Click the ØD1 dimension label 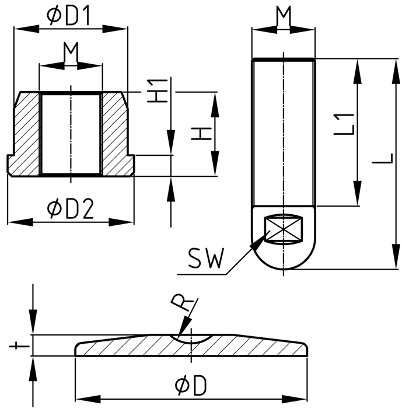click(x=69, y=16)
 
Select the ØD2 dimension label click(x=71, y=208)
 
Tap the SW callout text click(x=206, y=258)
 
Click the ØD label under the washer click(x=191, y=386)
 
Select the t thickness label click(x=19, y=345)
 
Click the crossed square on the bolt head click(x=284, y=228)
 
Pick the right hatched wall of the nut click(x=115, y=134)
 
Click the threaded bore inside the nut click(x=71, y=134)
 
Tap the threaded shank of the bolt click(x=284, y=131)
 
